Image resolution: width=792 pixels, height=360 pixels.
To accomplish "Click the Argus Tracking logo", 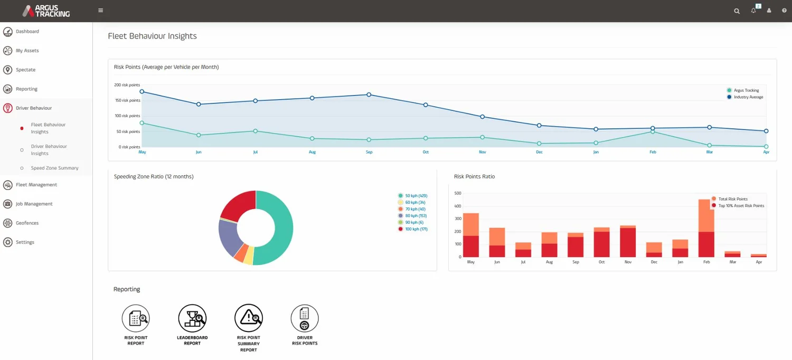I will (46, 11).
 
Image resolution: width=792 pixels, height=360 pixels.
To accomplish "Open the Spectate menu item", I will (25, 70).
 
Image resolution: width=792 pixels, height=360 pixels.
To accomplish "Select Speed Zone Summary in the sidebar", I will (54, 168).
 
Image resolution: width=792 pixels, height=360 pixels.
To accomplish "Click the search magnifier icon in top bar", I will (737, 11).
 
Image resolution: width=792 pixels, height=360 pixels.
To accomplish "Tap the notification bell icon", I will (753, 11).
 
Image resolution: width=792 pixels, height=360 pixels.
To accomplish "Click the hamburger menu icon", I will (100, 11).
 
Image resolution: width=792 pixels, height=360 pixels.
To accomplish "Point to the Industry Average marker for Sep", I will (369, 95).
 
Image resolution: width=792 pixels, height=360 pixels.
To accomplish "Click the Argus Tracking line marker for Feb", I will (653, 132).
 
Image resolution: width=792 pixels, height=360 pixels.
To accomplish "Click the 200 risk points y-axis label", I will (127, 85).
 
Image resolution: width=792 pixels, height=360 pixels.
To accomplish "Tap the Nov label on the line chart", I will (483, 152).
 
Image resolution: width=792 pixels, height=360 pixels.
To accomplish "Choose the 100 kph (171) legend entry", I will (416, 229).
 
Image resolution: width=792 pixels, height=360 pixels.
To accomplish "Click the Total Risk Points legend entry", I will (732, 199).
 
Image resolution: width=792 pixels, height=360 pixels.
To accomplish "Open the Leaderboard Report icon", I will (192, 318).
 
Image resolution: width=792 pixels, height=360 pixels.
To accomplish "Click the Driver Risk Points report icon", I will (305, 318).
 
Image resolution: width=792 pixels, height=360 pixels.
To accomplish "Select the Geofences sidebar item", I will (27, 223).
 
